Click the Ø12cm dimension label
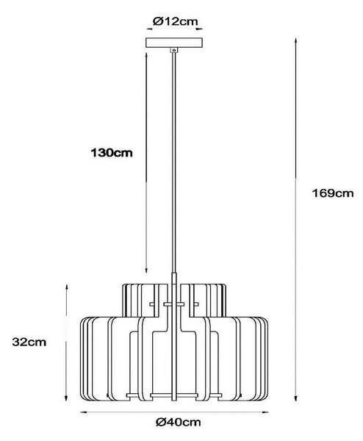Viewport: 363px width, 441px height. [x=175, y=21]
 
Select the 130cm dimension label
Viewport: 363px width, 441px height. [x=112, y=153]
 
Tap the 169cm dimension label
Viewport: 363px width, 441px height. [x=333, y=193]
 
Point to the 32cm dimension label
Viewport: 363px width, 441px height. [x=29, y=342]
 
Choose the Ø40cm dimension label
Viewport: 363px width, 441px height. [x=179, y=422]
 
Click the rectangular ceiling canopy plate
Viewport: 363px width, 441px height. [x=174, y=43]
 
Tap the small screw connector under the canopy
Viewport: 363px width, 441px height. [x=174, y=50]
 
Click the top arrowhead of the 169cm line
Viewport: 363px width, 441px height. [x=295, y=40]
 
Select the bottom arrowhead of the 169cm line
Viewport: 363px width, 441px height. [x=295, y=398]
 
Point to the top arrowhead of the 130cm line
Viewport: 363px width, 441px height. [x=146, y=55]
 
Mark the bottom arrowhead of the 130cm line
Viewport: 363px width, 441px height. [x=146, y=270]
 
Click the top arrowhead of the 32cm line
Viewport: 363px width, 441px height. [x=66, y=287]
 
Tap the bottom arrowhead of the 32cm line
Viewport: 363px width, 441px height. [x=66, y=398]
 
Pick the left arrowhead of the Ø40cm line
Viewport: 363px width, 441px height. [x=84, y=412]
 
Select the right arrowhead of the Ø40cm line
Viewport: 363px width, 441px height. [x=265, y=412]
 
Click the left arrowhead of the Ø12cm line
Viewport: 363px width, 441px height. [x=150, y=29]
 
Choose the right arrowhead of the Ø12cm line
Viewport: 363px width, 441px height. [x=199, y=29]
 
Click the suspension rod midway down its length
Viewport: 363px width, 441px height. [x=174, y=162]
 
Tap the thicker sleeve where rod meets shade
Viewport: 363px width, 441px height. [x=174, y=279]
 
